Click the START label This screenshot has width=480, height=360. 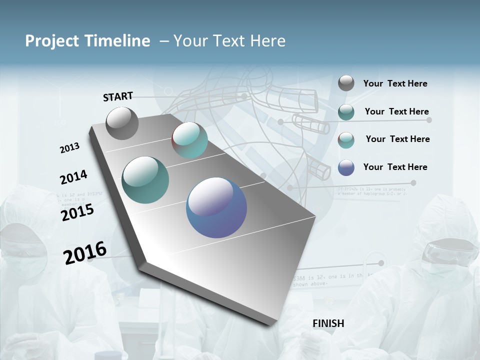118,96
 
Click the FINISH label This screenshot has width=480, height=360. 328,323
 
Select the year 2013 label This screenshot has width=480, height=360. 69,148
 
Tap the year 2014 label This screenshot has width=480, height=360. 73,177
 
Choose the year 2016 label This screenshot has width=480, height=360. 85,253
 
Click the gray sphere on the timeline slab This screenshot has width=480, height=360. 122,123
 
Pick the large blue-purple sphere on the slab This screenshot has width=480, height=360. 216,207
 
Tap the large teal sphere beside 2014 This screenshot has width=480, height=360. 145,180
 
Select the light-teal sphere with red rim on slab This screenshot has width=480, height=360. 190,140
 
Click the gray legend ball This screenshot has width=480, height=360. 346,83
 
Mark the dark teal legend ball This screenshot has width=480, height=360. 346,112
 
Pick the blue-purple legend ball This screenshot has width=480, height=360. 346,167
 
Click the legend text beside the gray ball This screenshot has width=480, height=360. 395,83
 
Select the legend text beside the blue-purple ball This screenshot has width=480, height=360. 395,167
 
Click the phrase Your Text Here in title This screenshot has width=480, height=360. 229,41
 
